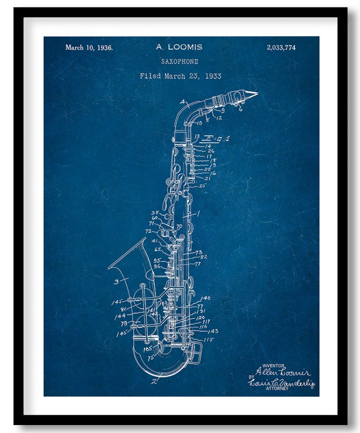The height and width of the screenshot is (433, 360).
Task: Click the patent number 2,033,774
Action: [x=281, y=47]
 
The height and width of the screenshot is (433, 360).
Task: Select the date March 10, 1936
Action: [x=89, y=47]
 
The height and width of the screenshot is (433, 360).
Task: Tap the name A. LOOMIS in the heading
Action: [x=179, y=47]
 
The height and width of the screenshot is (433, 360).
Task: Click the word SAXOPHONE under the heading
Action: [x=180, y=61]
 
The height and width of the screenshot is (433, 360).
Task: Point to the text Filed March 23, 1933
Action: [x=180, y=76]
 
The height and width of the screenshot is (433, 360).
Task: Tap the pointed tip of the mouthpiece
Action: [x=256, y=94]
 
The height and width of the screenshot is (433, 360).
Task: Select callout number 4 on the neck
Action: [x=181, y=101]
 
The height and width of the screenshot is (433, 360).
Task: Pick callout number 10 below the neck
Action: [x=199, y=123]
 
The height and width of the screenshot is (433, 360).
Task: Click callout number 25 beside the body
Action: [x=202, y=186]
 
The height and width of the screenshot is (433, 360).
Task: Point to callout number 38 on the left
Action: [x=154, y=213]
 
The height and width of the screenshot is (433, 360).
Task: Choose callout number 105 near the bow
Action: [x=149, y=349]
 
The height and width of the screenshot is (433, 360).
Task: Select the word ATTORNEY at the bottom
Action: [x=277, y=388]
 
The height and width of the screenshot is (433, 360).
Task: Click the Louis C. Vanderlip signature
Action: [x=281, y=382]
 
